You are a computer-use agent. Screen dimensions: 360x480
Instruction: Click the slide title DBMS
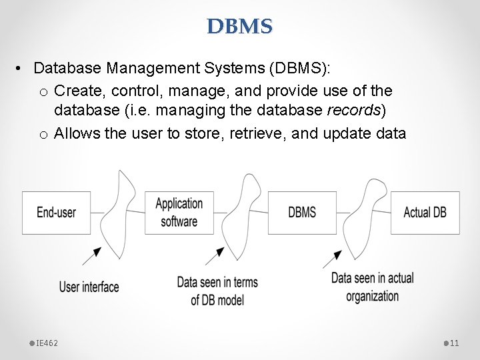[239, 27]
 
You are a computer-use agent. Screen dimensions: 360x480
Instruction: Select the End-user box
[56, 213]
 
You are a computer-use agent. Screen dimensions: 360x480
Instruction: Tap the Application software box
[179, 213]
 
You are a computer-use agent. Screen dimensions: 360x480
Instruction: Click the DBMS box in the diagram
[302, 213]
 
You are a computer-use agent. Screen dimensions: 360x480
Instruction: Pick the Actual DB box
[425, 213]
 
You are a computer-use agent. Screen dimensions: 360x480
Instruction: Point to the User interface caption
[89, 287]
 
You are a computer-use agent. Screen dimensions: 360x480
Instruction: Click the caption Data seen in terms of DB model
[217, 291]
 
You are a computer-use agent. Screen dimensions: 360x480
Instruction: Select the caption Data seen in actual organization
[372, 287]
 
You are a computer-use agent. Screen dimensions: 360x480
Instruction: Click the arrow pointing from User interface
[94, 253]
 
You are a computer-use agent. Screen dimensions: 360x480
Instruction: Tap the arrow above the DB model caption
[216, 255]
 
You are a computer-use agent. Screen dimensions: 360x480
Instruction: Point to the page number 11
[455, 343]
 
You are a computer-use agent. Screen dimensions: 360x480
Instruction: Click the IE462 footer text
[47, 343]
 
